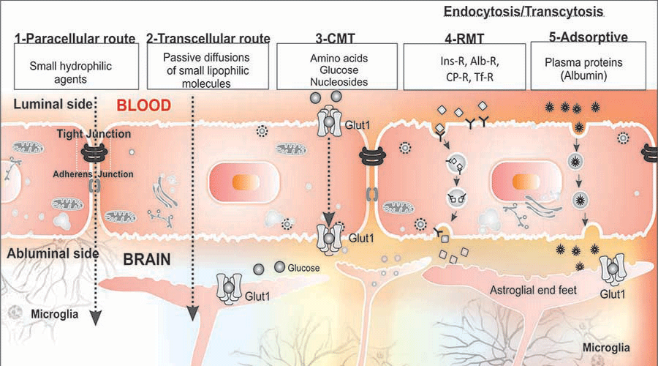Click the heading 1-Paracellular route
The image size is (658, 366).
click(x=75, y=38)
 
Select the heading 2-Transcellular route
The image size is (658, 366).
click(x=208, y=38)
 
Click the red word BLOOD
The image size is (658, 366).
click(x=144, y=105)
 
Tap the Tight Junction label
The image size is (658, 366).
click(x=94, y=134)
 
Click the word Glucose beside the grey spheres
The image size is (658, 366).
click(x=304, y=269)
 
